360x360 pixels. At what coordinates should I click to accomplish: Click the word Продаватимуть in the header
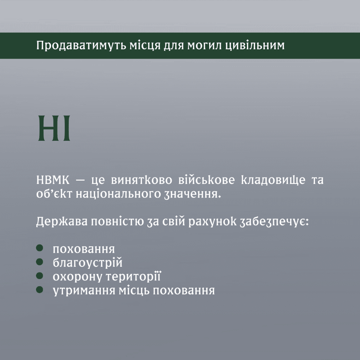(x=81, y=46)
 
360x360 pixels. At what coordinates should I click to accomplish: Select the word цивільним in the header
(x=255, y=46)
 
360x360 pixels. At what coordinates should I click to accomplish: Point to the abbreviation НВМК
(x=53, y=180)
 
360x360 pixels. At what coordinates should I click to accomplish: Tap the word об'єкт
(x=54, y=194)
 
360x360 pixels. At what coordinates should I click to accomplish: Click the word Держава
(x=62, y=222)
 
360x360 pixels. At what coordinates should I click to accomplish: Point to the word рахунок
(x=212, y=222)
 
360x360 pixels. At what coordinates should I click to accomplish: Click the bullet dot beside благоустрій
(x=40, y=262)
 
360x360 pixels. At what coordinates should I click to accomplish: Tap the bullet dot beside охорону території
(x=40, y=275)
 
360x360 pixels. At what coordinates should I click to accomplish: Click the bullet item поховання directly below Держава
(x=84, y=249)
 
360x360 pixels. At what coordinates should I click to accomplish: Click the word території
(x=133, y=277)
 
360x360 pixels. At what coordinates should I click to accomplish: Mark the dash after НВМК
(x=80, y=180)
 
